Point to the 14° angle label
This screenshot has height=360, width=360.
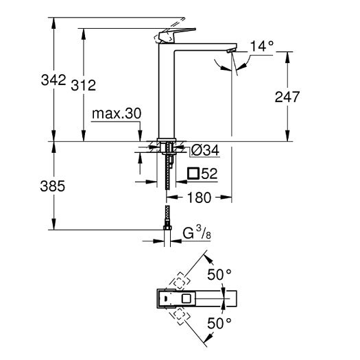261,47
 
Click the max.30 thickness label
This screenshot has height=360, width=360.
114,113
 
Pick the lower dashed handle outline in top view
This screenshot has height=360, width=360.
180,315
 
